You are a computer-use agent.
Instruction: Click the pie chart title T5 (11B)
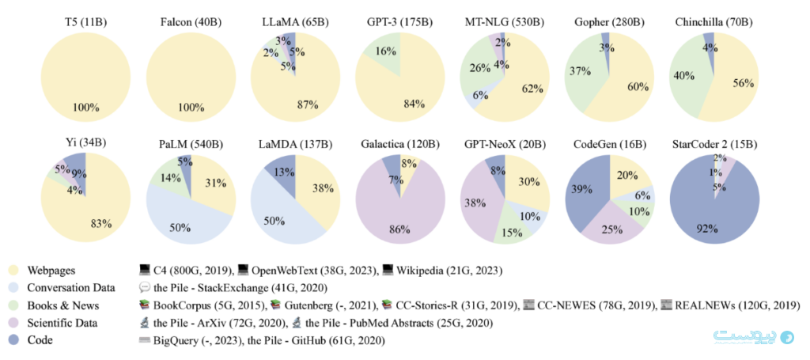pyautogui.click(x=85, y=22)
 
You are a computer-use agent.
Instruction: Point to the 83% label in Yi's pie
pyautogui.click(x=101, y=224)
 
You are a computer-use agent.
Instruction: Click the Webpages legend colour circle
pyautogui.click(x=13, y=270)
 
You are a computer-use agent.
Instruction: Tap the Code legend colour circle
pyautogui.click(x=13, y=341)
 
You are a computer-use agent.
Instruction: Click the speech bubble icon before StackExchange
pyautogui.click(x=145, y=288)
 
